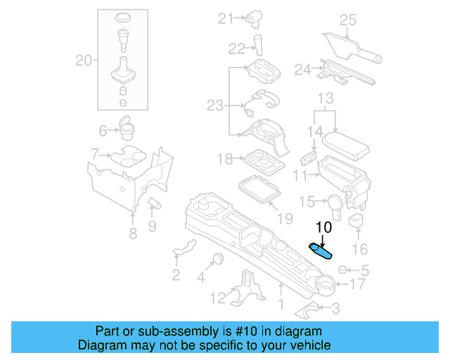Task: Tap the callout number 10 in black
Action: pyautogui.click(x=323, y=227)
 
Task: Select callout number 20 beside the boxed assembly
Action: pyautogui.click(x=84, y=60)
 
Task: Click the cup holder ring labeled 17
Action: pyautogui.click(x=324, y=284)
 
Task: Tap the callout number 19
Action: pyautogui.click(x=284, y=219)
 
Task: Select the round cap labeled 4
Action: pyautogui.click(x=219, y=257)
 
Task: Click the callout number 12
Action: pyautogui.click(x=219, y=297)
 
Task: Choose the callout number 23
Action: pyautogui.click(x=214, y=106)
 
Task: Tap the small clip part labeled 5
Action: pyautogui.click(x=344, y=269)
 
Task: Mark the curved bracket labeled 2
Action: pyautogui.click(x=185, y=247)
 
